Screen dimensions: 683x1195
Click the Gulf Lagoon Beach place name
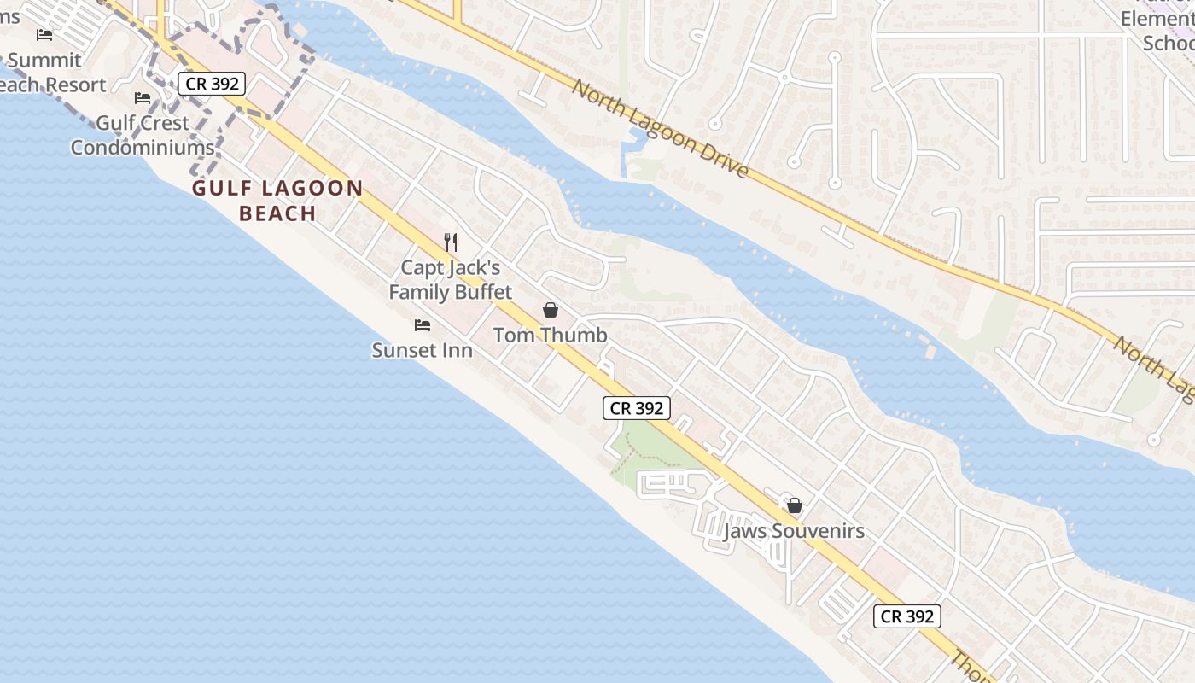(277, 201)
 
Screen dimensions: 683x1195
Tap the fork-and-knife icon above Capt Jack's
(452, 242)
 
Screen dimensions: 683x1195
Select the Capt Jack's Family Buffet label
(450, 280)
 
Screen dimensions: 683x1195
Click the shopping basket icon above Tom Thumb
(551, 310)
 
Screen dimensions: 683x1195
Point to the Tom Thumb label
(551, 335)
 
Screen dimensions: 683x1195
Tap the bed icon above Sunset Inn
(423, 325)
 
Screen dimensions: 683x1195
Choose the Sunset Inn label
(423, 350)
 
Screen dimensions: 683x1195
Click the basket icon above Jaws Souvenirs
(795, 505)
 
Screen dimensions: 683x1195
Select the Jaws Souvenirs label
(794, 531)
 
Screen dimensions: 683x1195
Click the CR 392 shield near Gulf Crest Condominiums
(213, 84)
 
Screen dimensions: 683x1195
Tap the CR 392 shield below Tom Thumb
(637, 408)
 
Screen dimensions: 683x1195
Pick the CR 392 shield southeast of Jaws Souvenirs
(906, 616)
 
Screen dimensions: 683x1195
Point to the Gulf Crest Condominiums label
(143, 135)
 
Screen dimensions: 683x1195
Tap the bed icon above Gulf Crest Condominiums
(143, 98)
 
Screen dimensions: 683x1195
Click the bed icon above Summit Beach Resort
(44, 35)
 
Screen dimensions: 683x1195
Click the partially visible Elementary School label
(1157, 30)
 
